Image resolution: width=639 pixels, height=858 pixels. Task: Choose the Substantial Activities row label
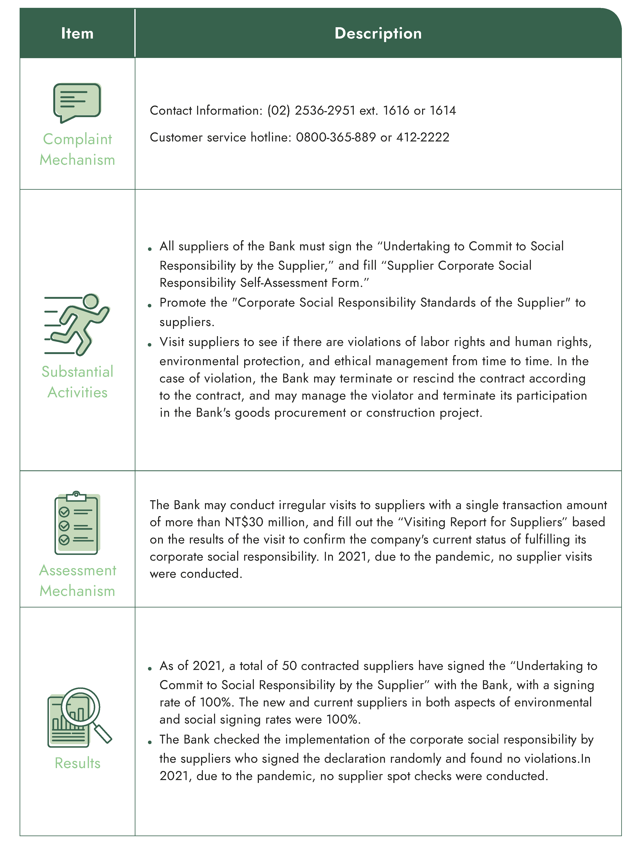point(77,382)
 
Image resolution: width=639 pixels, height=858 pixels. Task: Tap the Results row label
point(77,763)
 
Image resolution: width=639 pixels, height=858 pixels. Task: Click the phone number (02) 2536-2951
point(311,111)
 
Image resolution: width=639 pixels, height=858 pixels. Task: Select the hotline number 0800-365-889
point(336,137)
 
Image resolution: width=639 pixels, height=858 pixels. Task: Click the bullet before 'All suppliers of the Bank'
point(150,249)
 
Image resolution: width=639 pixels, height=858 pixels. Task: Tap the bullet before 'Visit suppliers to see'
point(150,345)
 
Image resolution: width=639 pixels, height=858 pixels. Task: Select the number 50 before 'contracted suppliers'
point(289,666)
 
